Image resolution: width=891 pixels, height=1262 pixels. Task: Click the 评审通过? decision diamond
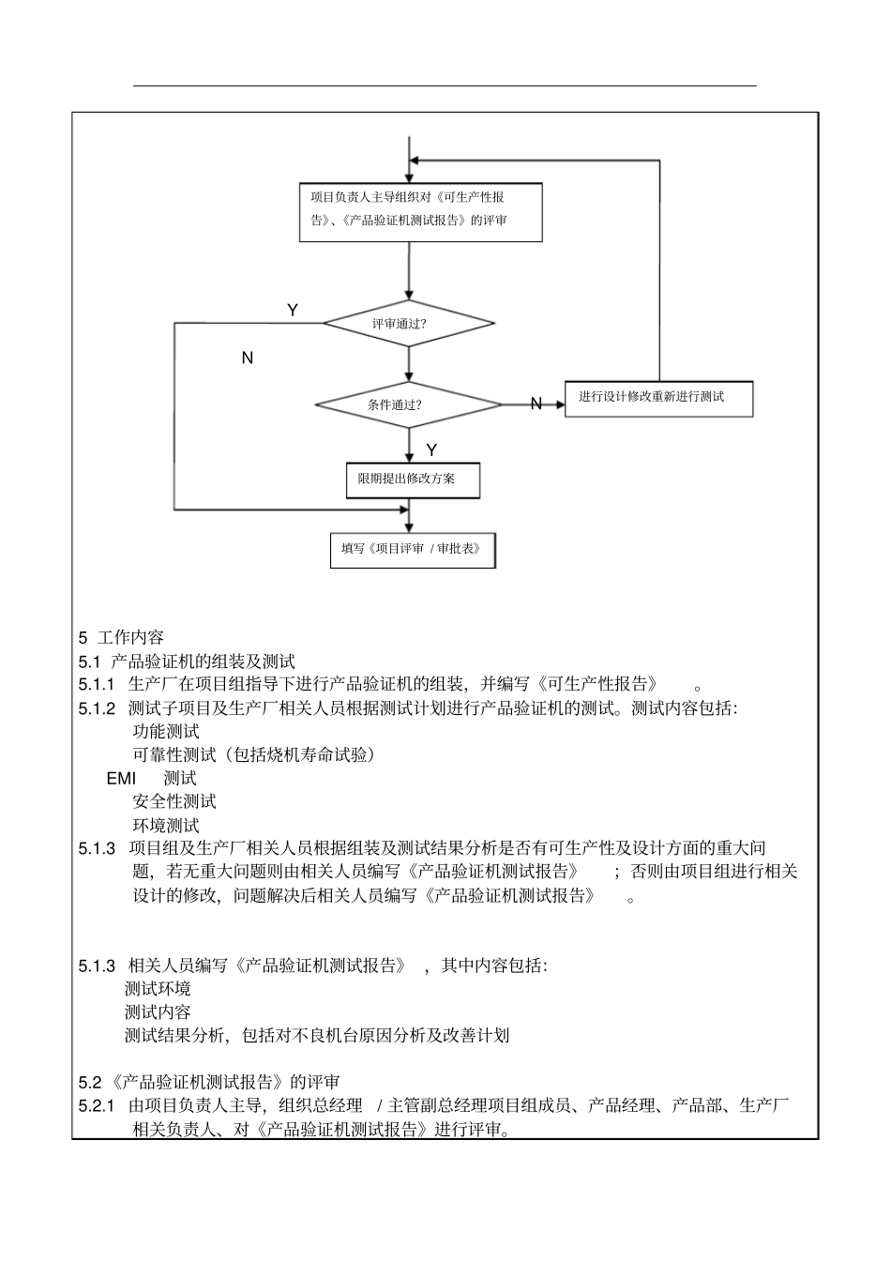point(409,324)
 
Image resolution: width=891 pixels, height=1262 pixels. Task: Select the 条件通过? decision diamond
point(409,405)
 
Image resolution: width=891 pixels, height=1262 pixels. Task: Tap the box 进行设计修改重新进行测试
point(658,398)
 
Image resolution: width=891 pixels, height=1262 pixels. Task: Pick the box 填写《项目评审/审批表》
point(413,550)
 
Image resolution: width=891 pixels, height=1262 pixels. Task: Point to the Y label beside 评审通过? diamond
point(293,311)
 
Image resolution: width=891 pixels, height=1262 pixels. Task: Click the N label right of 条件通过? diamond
point(536,404)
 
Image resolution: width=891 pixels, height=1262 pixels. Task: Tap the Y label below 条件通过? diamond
point(431,451)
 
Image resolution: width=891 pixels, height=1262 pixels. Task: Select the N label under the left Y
point(248,358)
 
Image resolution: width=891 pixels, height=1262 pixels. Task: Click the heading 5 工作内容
point(122,637)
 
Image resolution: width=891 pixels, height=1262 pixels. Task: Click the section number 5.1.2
point(97,708)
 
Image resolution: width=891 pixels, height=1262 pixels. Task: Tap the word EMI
point(121,779)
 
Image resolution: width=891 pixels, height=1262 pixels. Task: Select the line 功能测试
point(166,732)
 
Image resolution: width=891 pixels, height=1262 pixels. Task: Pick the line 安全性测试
point(174,801)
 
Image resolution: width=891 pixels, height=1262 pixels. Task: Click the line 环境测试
point(166,826)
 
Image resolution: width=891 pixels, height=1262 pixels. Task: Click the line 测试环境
point(158,988)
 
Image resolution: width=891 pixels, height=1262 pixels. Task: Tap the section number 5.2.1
point(97,1106)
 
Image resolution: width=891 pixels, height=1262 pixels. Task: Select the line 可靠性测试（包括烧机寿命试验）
point(254,755)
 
